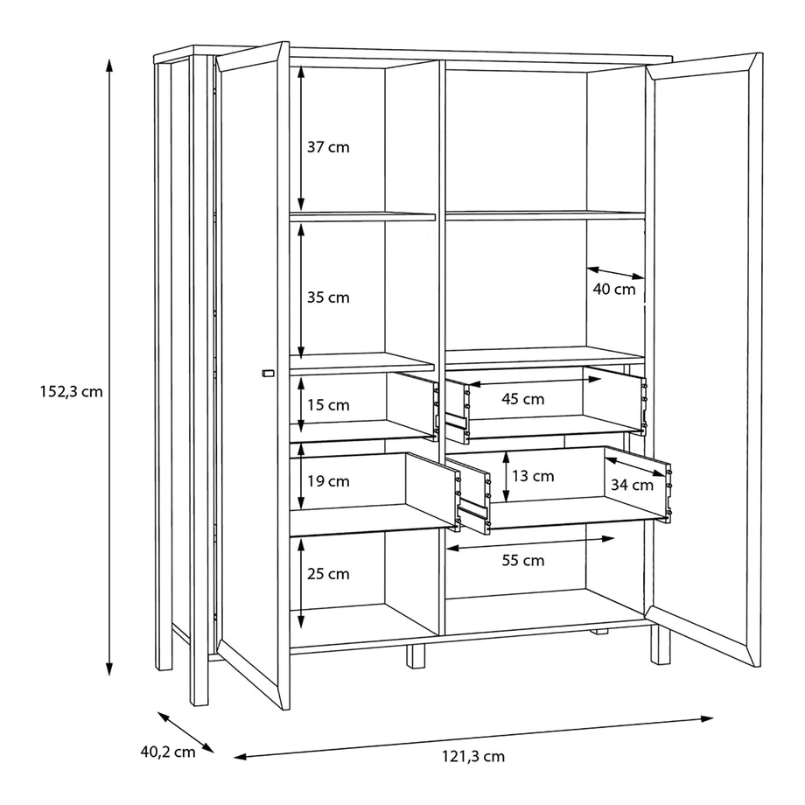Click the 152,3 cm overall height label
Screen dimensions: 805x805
pos(72,392)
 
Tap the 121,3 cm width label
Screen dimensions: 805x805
pos(473,757)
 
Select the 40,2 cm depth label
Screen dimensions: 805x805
pos(168,752)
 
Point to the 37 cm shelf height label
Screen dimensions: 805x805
pos(328,147)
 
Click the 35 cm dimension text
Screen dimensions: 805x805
pos(328,297)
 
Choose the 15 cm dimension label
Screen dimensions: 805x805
pos(328,406)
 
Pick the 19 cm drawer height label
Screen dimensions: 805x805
pos(328,481)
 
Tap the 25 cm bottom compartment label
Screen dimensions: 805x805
pos(328,574)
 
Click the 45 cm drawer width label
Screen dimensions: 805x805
pos(522,399)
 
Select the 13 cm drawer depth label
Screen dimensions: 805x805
pos(533,476)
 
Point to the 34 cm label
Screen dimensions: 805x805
pos(632,485)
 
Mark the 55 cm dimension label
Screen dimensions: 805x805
pos(522,561)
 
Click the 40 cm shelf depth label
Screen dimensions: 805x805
pos(614,290)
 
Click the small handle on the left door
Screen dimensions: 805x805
pos(268,374)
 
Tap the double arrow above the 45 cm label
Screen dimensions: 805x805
pos(535,381)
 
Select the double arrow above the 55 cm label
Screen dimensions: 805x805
pos(530,543)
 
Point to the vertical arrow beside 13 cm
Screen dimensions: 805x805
pos(507,477)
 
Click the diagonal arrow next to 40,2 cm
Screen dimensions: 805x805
pos(185,732)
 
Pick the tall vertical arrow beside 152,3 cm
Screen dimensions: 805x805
pos(108,367)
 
